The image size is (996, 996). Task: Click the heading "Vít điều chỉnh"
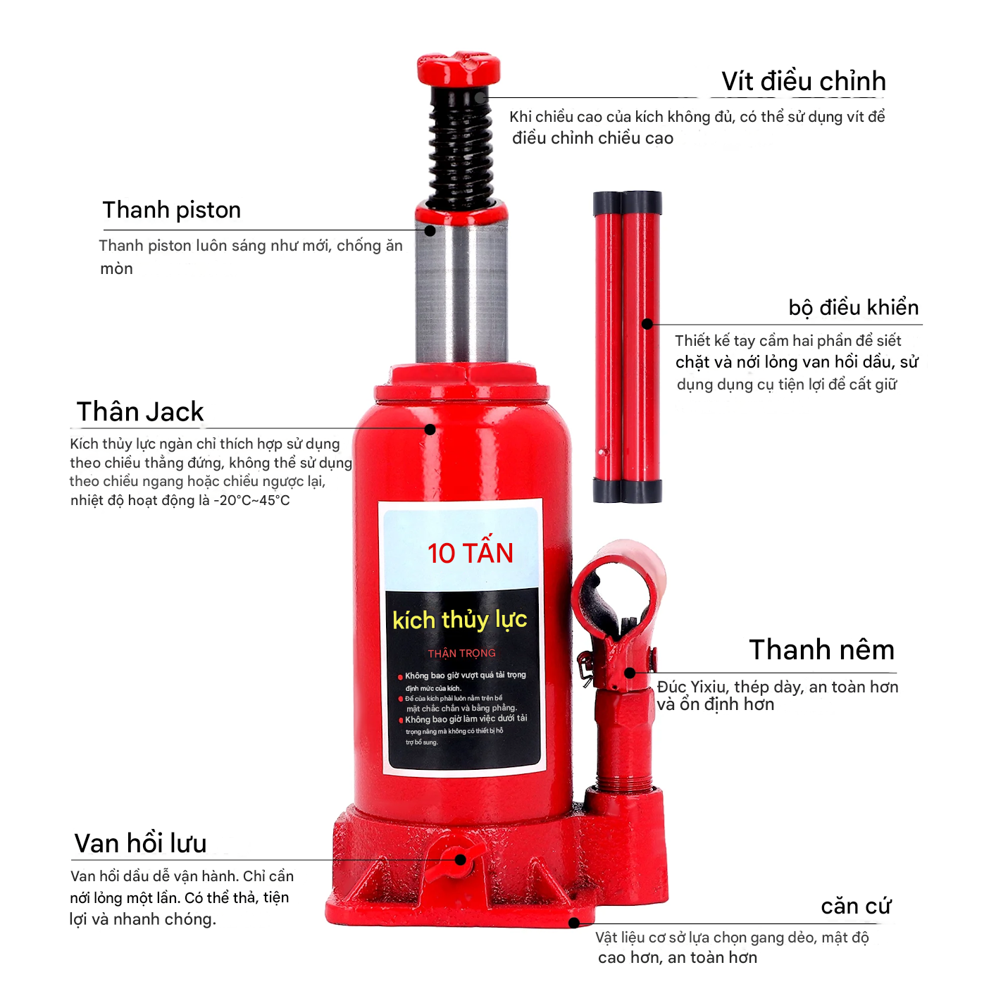coord(803,81)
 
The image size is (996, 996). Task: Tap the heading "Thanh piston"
coord(172,210)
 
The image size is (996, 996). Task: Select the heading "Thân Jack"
coord(140,411)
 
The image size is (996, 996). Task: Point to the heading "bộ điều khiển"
coord(853,308)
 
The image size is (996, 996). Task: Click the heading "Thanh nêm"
coord(821,649)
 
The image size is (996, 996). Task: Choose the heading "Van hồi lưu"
coord(140,843)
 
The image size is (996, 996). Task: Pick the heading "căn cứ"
coord(856,906)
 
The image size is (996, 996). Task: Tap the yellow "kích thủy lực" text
coord(459,620)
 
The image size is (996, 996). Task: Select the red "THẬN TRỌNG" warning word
coord(461,654)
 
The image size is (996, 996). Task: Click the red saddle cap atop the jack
coord(459,68)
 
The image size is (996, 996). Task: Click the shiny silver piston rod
coord(461,292)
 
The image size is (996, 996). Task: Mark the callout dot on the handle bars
coord(647,324)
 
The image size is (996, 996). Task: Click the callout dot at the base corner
coord(573,923)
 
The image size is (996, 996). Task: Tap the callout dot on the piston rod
coord(430,230)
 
